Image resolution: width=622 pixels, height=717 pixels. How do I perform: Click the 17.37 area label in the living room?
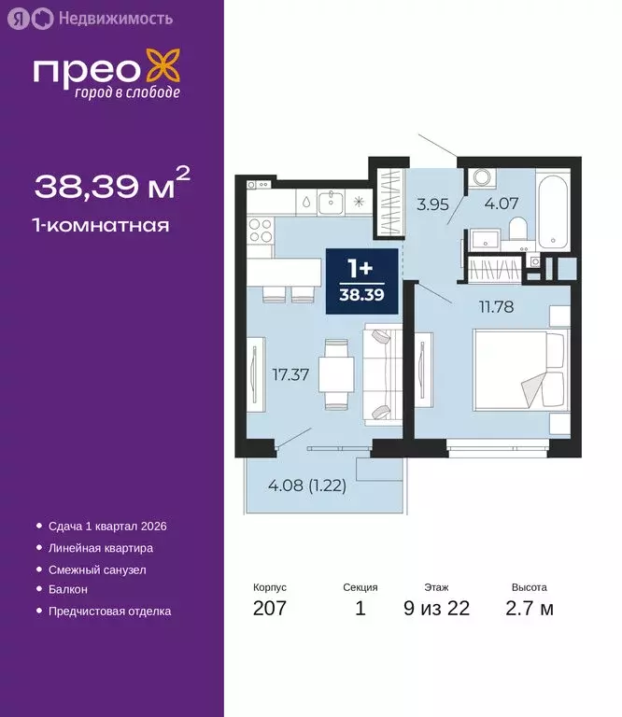291,375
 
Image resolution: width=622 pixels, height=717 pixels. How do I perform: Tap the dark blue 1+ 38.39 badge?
360,281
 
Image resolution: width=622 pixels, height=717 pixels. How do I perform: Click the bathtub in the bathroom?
552,211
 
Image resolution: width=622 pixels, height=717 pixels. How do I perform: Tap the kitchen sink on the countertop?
332,200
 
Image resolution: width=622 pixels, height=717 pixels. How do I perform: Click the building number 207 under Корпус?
270,609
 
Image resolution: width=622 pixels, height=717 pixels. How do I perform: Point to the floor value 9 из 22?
436,609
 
